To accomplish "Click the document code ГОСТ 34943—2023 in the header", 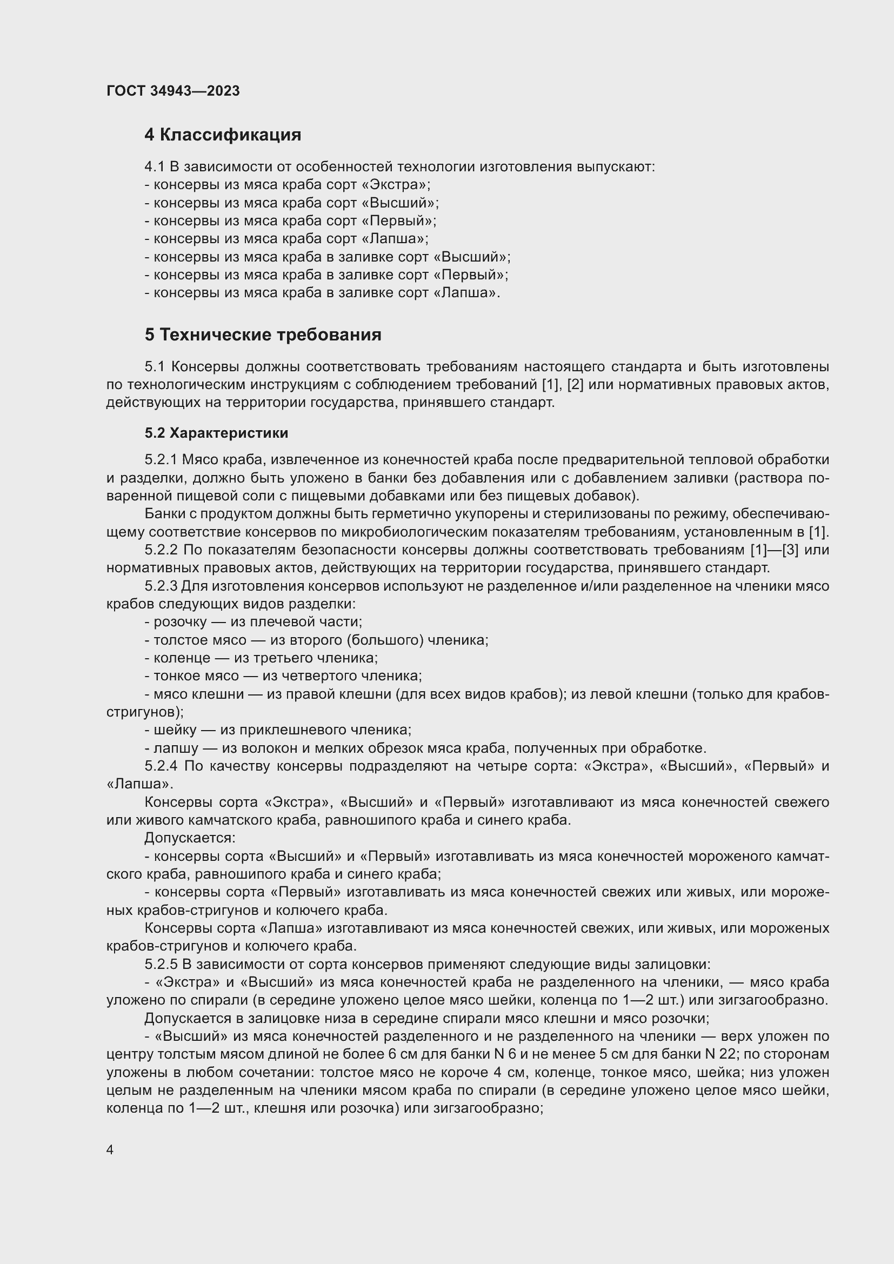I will click(x=173, y=91).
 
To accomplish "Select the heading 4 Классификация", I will click(x=222, y=135).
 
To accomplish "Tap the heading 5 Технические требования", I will click(x=263, y=335).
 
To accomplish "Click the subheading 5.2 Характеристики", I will click(x=216, y=433).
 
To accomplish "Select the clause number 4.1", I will click(x=155, y=167).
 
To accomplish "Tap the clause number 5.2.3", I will click(x=161, y=586).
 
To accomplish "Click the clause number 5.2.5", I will click(x=161, y=964).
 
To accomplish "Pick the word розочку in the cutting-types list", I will click(x=180, y=622).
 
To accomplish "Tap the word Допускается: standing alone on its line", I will click(x=190, y=838).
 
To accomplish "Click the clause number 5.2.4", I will click(x=161, y=766).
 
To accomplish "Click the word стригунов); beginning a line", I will click(x=145, y=712).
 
